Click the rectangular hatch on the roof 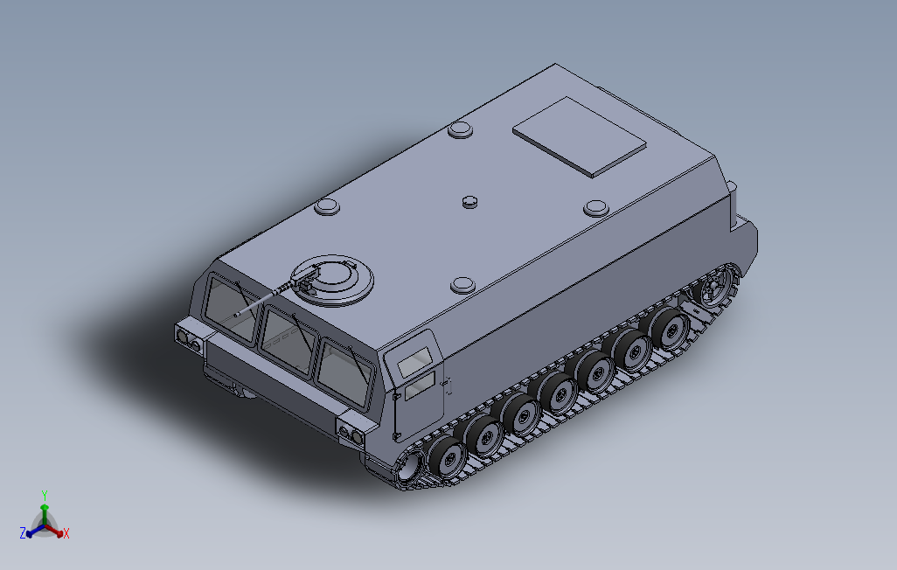pyautogui.click(x=579, y=136)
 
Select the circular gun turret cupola pyautogui.click(x=333, y=279)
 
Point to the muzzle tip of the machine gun pyautogui.click(x=236, y=314)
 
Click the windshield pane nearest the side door pyautogui.click(x=345, y=372)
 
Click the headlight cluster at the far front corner pyautogui.click(x=187, y=335)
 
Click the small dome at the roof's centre pyautogui.click(x=470, y=201)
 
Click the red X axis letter pyautogui.click(x=66, y=533)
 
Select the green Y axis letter pyautogui.click(x=44, y=495)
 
